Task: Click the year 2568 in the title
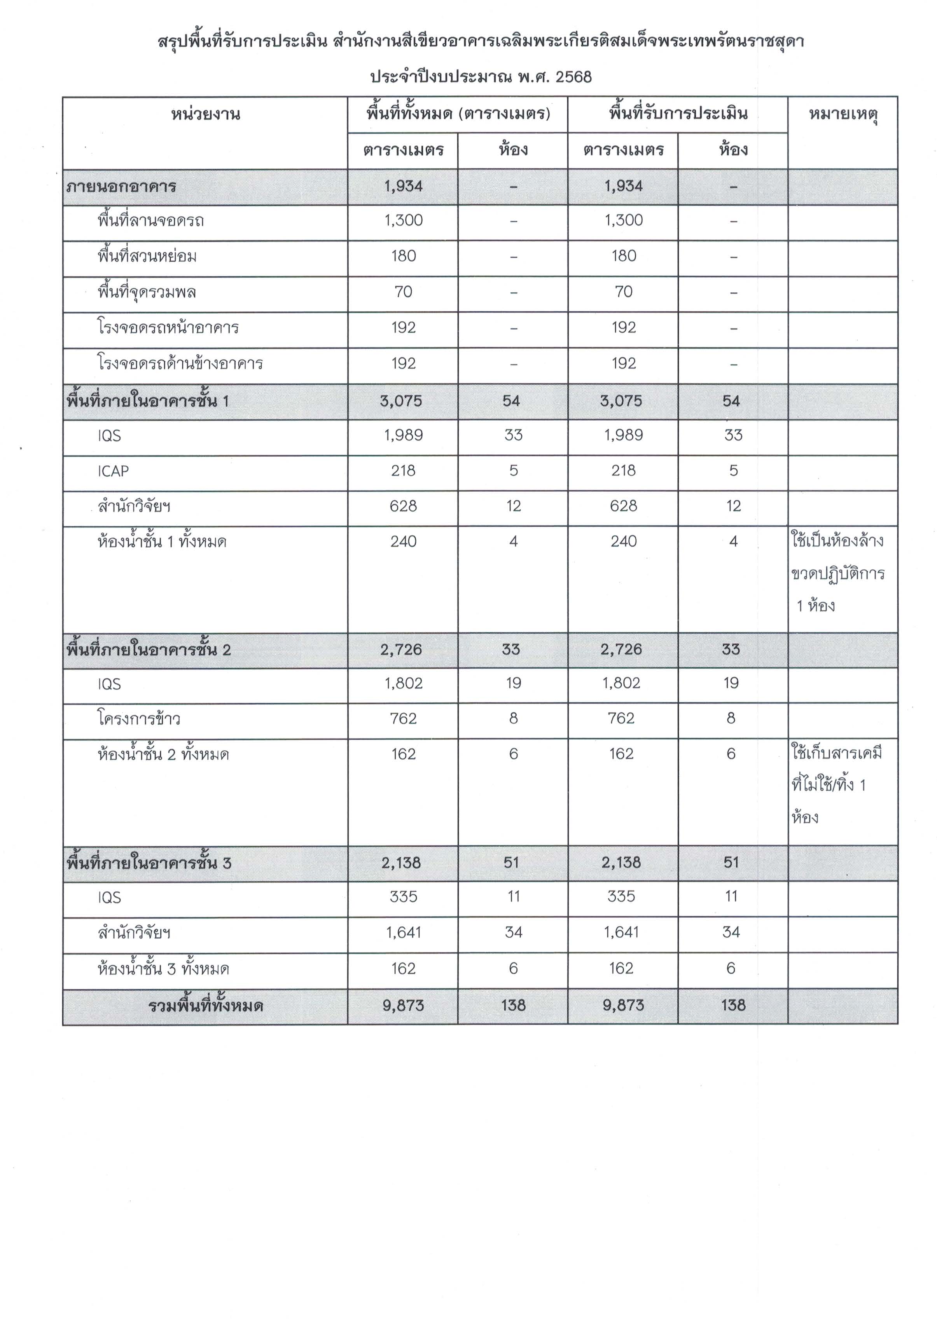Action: [573, 77]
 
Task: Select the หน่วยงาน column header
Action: [205, 114]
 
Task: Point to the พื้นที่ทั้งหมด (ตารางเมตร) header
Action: [458, 114]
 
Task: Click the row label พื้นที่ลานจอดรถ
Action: [151, 221]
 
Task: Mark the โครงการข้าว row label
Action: [138, 719]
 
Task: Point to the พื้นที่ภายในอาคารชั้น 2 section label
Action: [149, 650]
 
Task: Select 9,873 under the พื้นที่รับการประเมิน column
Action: [623, 1006]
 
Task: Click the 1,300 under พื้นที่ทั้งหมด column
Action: [403, 220]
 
